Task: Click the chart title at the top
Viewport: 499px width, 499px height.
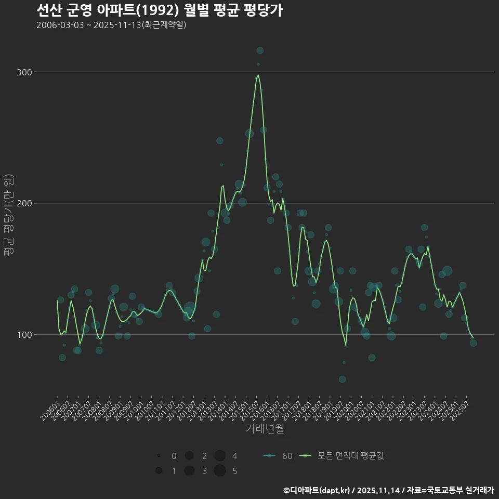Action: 160,10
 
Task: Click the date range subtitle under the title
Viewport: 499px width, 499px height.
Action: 111,25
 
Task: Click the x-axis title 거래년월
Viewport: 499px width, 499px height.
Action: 265,429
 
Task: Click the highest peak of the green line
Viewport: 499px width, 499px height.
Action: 258,75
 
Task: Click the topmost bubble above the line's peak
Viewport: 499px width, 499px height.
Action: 260,50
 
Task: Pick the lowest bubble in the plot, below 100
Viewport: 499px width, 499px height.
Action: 342,379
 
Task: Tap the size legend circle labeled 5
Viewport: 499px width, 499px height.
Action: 220,471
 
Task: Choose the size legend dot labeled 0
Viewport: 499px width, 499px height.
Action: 159,456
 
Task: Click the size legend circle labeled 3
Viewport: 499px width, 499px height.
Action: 189,471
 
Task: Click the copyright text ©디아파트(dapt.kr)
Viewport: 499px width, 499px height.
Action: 317,490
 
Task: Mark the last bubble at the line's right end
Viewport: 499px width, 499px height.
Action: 473,343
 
